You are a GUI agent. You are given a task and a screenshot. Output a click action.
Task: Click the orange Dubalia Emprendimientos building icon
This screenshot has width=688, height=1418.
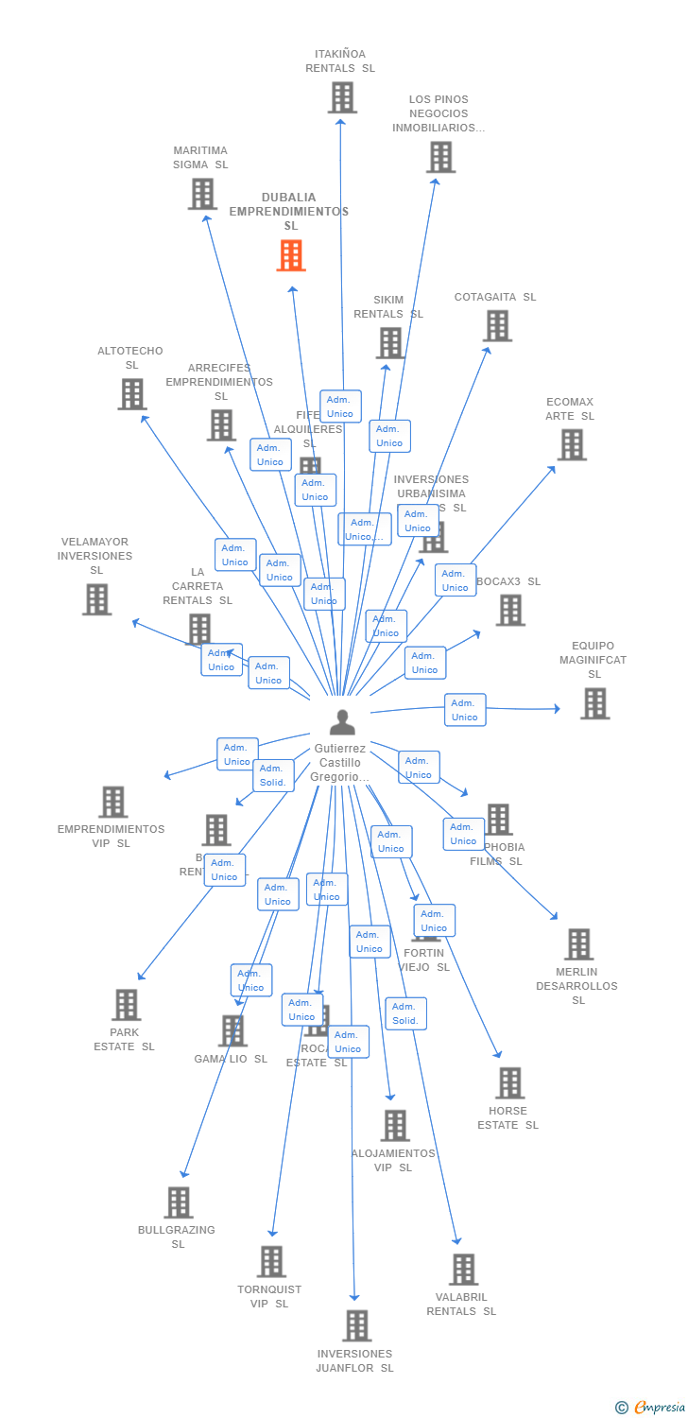click(291, 255)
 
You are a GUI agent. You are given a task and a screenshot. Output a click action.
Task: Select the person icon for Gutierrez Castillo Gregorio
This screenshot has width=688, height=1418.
click(342, 722)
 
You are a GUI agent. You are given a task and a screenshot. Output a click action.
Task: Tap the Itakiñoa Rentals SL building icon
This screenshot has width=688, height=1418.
click(342, 97)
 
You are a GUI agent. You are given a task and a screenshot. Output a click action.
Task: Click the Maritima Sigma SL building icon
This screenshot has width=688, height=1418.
click(202, 194)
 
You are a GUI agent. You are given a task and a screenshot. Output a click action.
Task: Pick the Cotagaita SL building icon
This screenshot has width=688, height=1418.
click(497, 325)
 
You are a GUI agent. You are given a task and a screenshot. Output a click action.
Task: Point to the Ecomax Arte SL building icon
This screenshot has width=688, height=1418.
click(572, 444)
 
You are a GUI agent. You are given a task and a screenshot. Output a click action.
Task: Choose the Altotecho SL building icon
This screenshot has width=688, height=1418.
click(132, 394)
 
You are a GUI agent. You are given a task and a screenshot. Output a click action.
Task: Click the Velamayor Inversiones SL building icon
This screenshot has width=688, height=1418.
click(96, 599)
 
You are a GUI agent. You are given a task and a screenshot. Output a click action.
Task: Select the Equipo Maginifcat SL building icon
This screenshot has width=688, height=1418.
click(594, 703)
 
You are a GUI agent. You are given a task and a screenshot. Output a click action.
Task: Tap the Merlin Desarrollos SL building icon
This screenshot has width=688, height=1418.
click(578, 943)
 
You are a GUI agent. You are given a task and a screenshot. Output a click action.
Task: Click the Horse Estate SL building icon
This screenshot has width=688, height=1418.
click(509, 1082)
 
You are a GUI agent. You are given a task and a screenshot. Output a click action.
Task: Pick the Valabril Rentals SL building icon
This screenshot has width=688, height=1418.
click(463, 1269)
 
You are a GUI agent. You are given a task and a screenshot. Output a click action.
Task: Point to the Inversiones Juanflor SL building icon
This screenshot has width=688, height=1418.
click(356, 1325)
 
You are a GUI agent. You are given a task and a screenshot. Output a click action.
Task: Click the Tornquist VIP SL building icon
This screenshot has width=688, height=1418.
click(271, 1261)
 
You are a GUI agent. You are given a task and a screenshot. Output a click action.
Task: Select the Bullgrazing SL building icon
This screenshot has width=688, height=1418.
click(178, 1202)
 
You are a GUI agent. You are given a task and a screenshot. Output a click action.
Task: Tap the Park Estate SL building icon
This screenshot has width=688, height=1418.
click(126, 1005)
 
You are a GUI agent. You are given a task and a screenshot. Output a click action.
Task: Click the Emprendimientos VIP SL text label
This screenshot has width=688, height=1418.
click(111, 836)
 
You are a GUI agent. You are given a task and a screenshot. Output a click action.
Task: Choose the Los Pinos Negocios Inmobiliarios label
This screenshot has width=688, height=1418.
click(439, 113)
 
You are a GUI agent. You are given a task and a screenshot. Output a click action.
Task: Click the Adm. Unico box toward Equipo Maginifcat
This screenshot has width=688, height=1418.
click(465, 710)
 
